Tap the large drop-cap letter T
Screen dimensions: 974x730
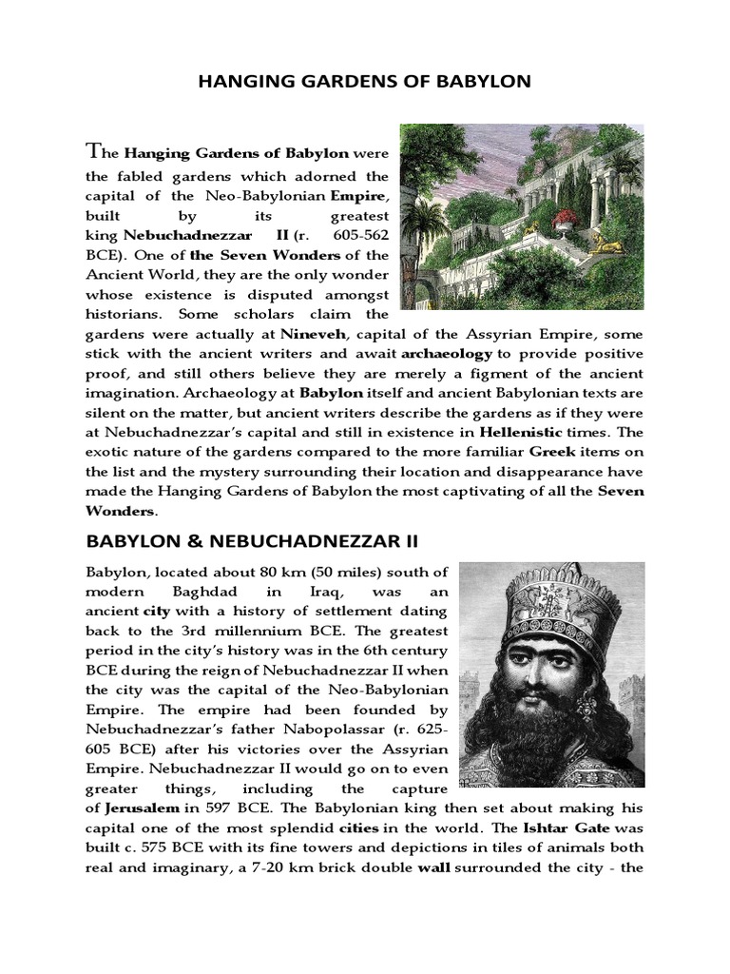[93, 150]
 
